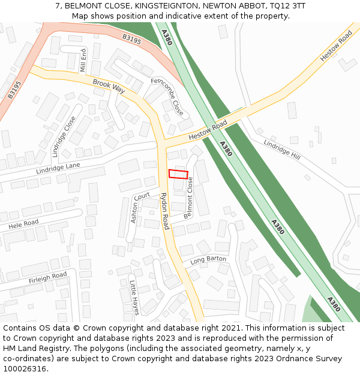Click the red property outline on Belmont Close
tap(178, 174)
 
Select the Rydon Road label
tap(164, 211)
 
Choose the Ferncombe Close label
tap(167, 96)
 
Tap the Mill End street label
tap(83, 61)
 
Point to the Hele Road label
tap(23, 225)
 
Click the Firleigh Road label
tap(47, 278)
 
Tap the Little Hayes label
tap(134, 297)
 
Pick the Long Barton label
tap(208, 260)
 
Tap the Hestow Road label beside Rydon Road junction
tap(208, 129)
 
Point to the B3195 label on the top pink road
tap(131, 40)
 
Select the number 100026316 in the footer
tap(24, 368)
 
